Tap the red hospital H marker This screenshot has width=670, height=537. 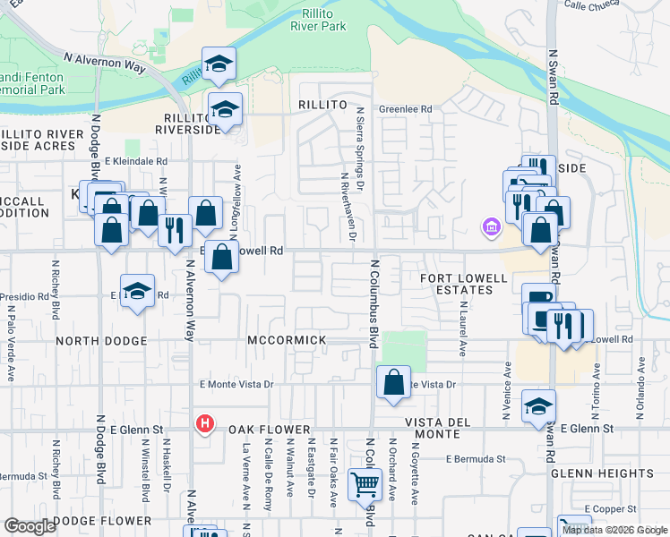click(205, 423)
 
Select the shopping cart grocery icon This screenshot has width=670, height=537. click(365, 485)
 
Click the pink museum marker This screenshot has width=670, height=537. click(490, 227)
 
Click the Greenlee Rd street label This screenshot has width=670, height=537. click(405, 109)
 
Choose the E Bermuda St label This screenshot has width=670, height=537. click(476, 459)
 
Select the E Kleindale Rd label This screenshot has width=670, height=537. click(136, 161)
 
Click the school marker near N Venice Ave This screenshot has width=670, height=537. click(538, 405)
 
